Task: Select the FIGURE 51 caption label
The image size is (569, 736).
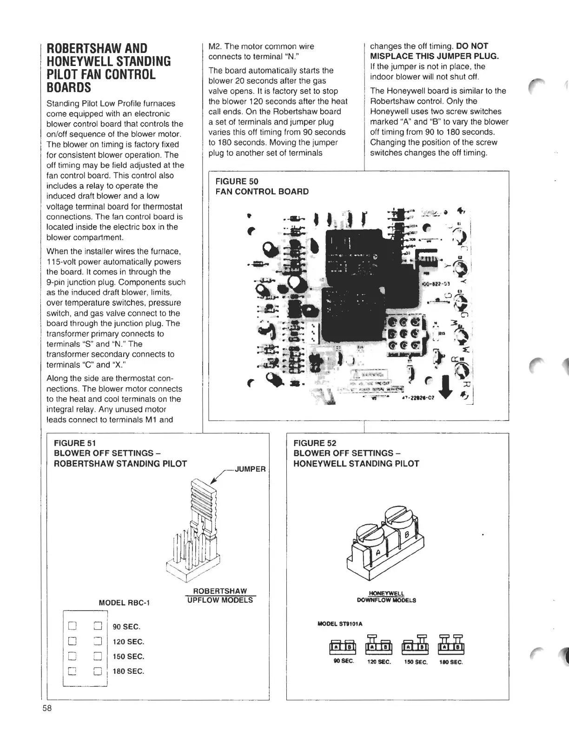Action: [x=75, y=443]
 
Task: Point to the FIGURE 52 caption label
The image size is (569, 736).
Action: [x=314, y=443]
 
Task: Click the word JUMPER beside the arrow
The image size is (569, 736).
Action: [x=251, y=469]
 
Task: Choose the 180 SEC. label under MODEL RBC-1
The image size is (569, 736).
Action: [x=128, y=671]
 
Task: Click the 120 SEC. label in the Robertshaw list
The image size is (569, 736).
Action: [x=128, y=642]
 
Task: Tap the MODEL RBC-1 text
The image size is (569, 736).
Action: [x=124, y=603]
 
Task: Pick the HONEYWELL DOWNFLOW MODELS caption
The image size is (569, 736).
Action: [x=386, y=597]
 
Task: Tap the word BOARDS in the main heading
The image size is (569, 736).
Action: [x=71, y=88]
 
